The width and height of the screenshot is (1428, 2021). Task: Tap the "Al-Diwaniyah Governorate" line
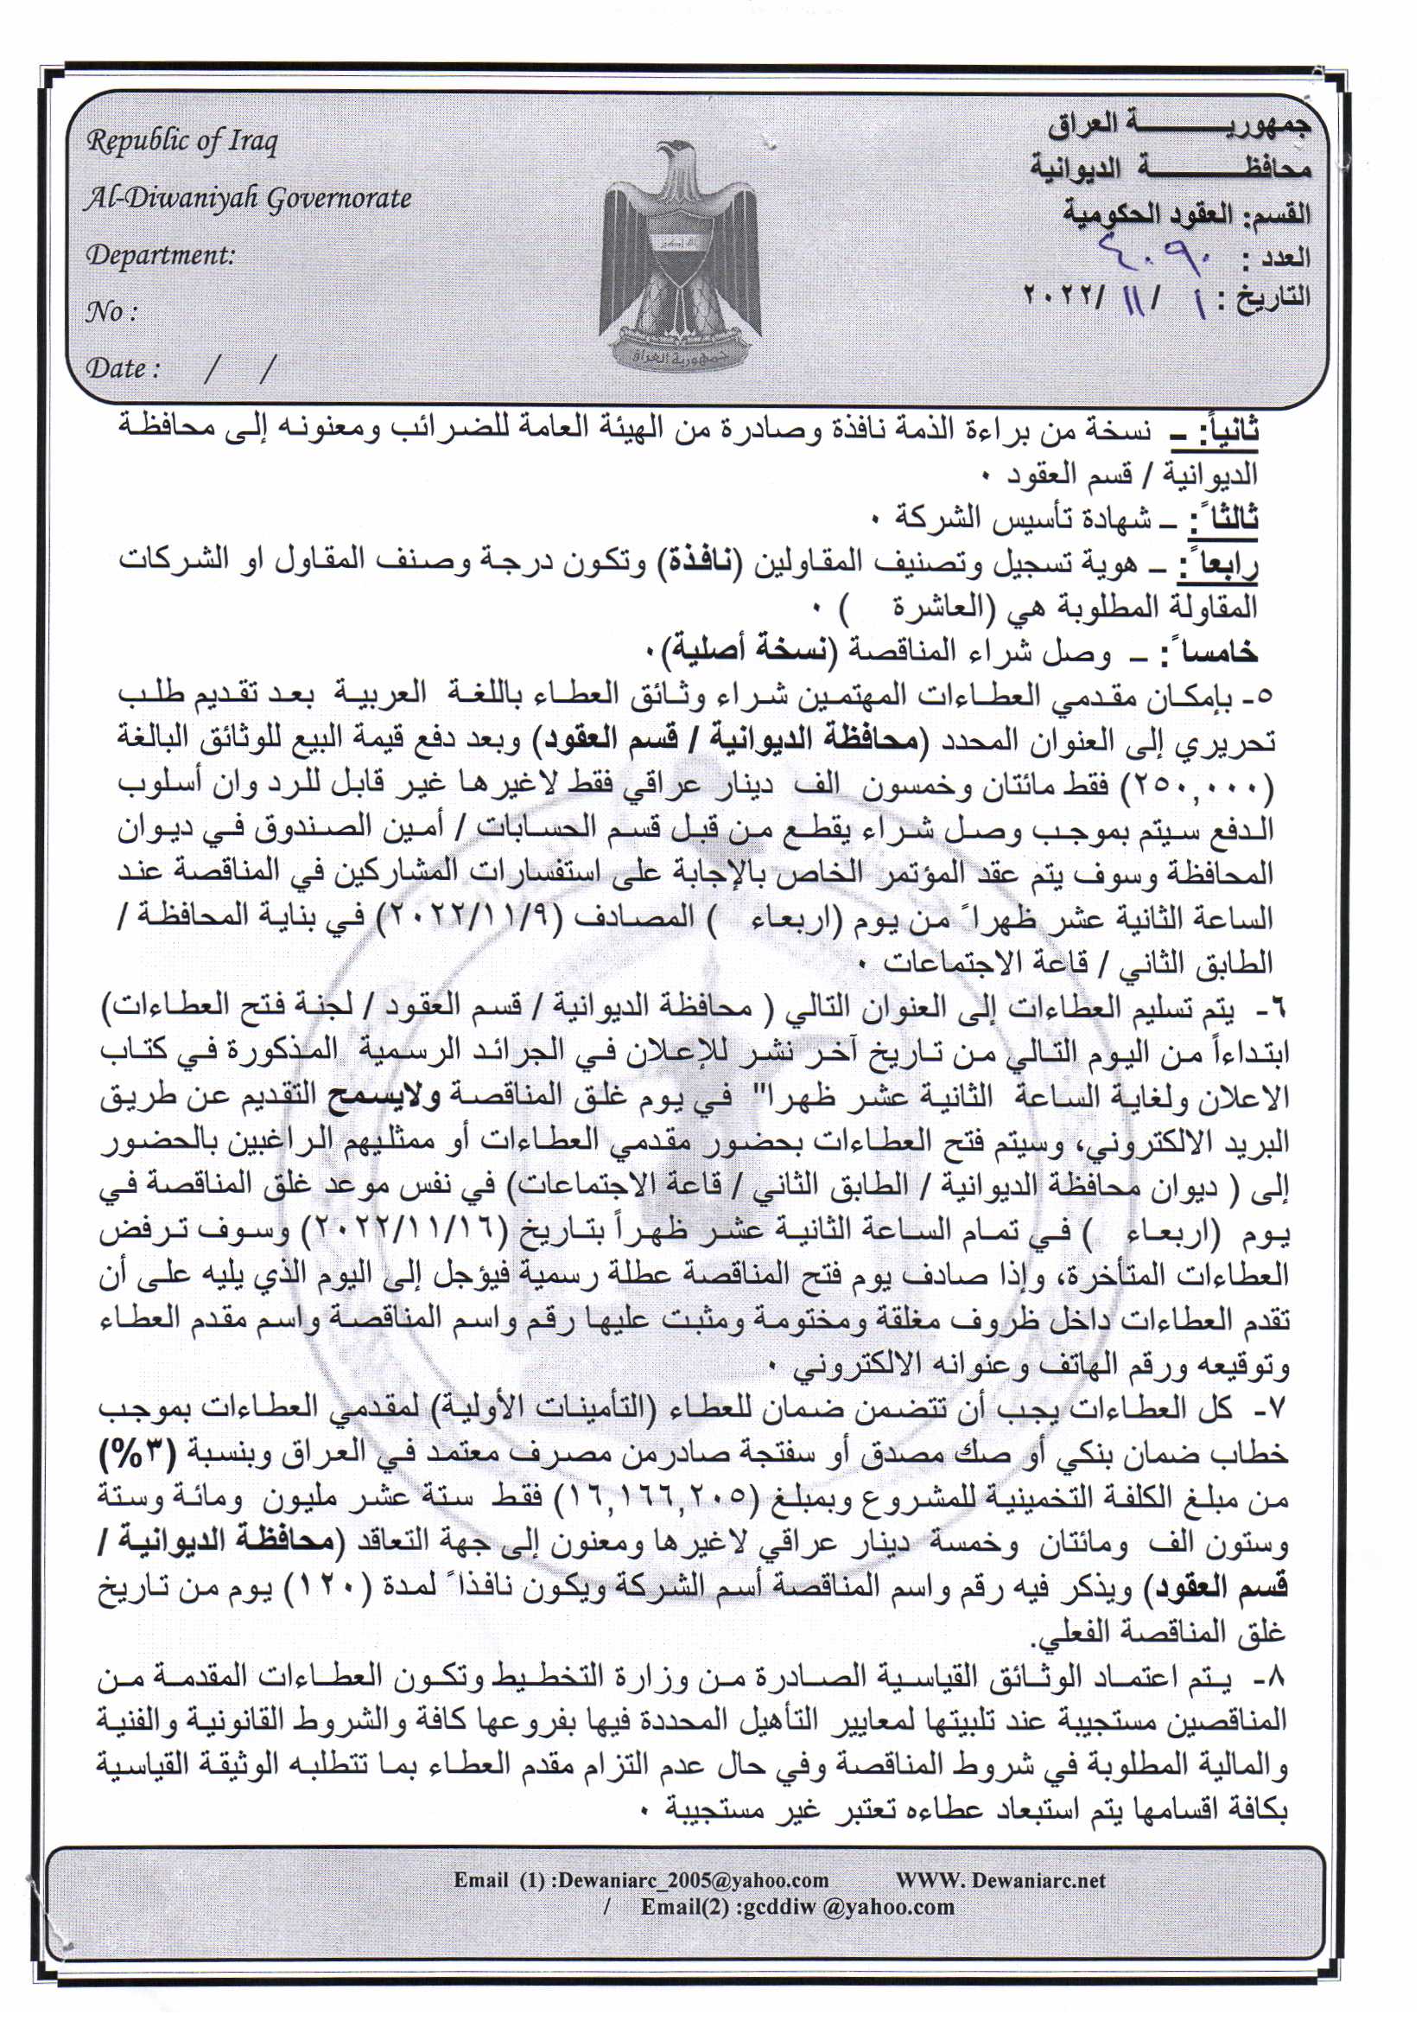[247, 199]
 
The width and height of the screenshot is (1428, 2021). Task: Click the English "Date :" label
[123, 369]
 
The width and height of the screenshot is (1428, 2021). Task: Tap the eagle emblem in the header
[676, 255]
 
